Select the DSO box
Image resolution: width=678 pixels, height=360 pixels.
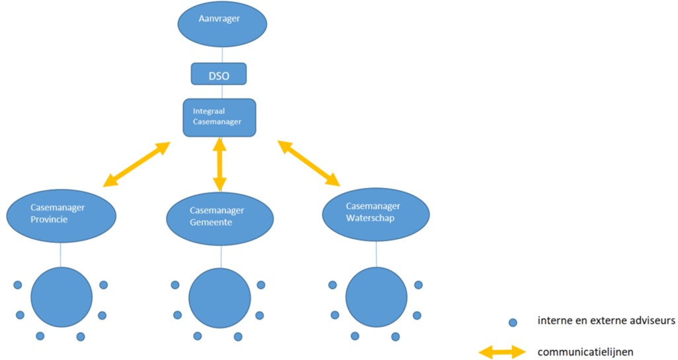[x=219, y=74]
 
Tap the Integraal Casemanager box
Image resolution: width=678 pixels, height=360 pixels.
[x=219, y=117]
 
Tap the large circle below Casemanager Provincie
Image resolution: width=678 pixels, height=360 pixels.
[x=61, y=297]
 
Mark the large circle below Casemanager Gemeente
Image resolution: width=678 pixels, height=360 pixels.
[x=220, y=297]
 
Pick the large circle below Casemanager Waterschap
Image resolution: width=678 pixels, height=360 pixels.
[x=377, y=297]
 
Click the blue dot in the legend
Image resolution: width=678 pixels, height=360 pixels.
[x=512, y=323]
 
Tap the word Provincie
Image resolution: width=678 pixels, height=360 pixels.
[x=50, y=219]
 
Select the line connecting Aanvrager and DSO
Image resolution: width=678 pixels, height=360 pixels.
[x=222, y=55]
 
